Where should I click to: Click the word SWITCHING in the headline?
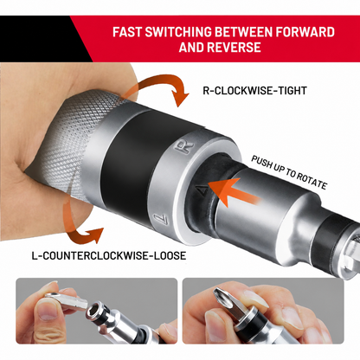point(178,32)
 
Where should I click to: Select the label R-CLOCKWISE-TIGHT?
point(254,91)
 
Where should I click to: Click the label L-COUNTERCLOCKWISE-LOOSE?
point(109,255)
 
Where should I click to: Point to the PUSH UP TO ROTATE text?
point(289,172)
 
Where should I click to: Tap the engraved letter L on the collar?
point(162,220)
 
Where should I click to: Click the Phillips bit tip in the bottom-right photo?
point(222,300)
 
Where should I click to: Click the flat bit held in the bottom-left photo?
point(66,300)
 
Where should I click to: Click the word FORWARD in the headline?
point(305,32)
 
